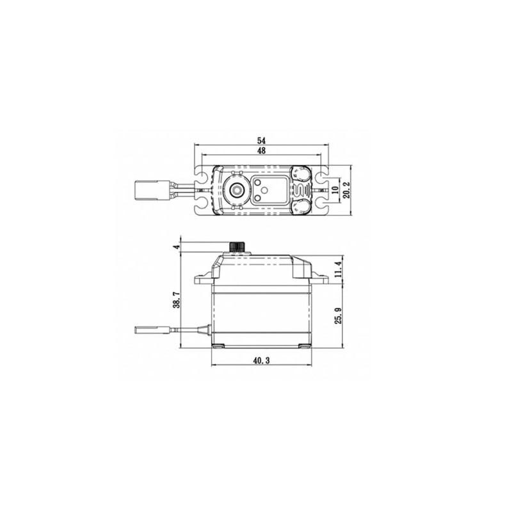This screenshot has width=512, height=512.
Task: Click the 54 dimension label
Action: coord(261,140)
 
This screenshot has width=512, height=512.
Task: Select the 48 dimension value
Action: coord(261,150)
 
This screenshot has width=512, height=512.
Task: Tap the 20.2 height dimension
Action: coord(347,190)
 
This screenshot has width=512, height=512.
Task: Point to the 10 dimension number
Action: coord(335,190)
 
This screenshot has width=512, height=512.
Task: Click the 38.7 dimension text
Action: coord(177,300)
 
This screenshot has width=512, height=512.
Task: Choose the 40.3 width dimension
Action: coord(261,360)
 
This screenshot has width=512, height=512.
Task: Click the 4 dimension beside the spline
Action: coord(177,247)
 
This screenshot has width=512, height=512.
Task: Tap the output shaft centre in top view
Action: coord(236,189)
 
